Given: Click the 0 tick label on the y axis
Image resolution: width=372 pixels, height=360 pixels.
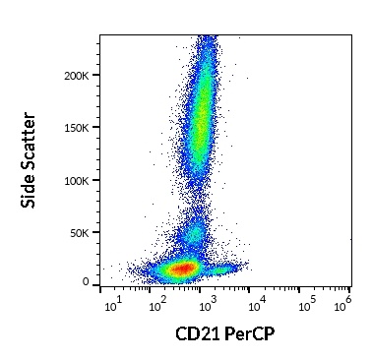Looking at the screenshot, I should [x=86, y=282].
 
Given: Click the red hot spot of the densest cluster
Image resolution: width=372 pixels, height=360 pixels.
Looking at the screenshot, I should [x=181, y=269].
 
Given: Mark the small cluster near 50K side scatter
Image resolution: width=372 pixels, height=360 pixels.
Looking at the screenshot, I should [x=195, y=234].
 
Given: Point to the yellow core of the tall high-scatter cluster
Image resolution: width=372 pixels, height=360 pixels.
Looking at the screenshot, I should [x=202, y=123].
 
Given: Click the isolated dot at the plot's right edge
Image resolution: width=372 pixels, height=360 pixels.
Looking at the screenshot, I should [x=350, y=239].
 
